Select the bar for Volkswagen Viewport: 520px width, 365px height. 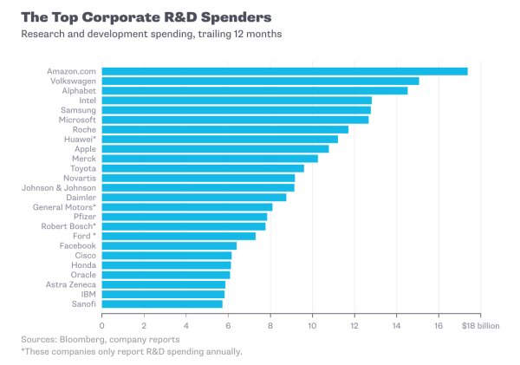point(260,81)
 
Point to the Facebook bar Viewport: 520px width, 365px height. point(169,245)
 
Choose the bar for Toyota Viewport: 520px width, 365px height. point(203,168)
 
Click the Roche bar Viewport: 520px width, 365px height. point(224,129)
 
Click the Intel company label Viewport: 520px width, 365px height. point(87,101)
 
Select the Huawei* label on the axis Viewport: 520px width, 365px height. point(80,139)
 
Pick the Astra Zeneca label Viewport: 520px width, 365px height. point(71,284)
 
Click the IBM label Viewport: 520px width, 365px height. point(88,294)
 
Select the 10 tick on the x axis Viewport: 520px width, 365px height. point(313,325)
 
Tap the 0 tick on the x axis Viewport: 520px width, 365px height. point(102,325)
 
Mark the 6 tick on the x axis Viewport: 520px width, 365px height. point(229,325)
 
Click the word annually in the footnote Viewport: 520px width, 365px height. point(219,351)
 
